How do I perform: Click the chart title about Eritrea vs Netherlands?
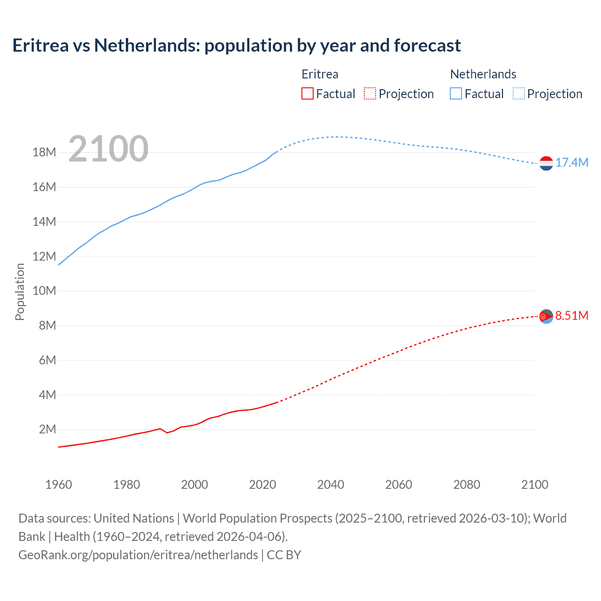coord(236,46)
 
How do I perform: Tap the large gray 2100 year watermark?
coord(108,149)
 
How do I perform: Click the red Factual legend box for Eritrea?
coord(307,93)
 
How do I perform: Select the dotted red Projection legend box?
coord(370,93)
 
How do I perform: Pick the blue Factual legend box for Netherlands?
coord(456,93)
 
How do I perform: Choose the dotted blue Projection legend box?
coord(519,93)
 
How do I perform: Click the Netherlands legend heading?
coord(483,74)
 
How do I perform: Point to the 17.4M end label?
coord(571,163)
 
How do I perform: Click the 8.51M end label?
coord(571,316)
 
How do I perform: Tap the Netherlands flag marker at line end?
coord(546,163)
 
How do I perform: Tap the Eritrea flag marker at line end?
coord(546,316)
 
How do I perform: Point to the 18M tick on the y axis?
coord(44,153)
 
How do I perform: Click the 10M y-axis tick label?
coord(44,291)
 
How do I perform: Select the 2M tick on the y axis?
coord(47,430)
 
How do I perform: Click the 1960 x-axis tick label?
coord(59,485)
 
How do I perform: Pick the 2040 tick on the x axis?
coord(331,485)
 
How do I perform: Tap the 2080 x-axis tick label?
coord(467,485)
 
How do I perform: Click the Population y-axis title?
coord(20,292)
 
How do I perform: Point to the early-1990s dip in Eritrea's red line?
coord(167,432)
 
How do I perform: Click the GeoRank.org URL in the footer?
coord(138,555)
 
